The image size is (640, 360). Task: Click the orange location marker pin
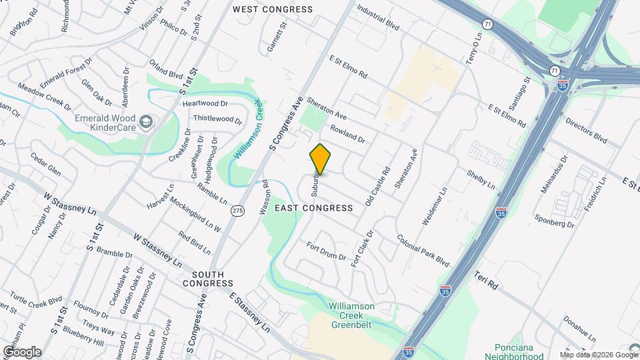tap(320, 159)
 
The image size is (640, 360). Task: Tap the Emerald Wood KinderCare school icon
tap(146, 122)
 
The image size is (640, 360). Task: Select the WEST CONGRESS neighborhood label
tap(272, 9)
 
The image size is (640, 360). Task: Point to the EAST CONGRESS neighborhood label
tap(313, 208)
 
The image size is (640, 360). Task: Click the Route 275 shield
tap(237, 211)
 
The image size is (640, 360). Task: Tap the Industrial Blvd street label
tap(377, 18)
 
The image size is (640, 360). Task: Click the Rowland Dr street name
tap(347, 133)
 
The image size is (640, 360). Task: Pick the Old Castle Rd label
tap(377, 187)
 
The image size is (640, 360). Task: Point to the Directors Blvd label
tap(586, 131)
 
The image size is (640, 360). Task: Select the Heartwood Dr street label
tap(205, 103)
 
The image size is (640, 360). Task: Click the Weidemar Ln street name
tap(435, 205)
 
